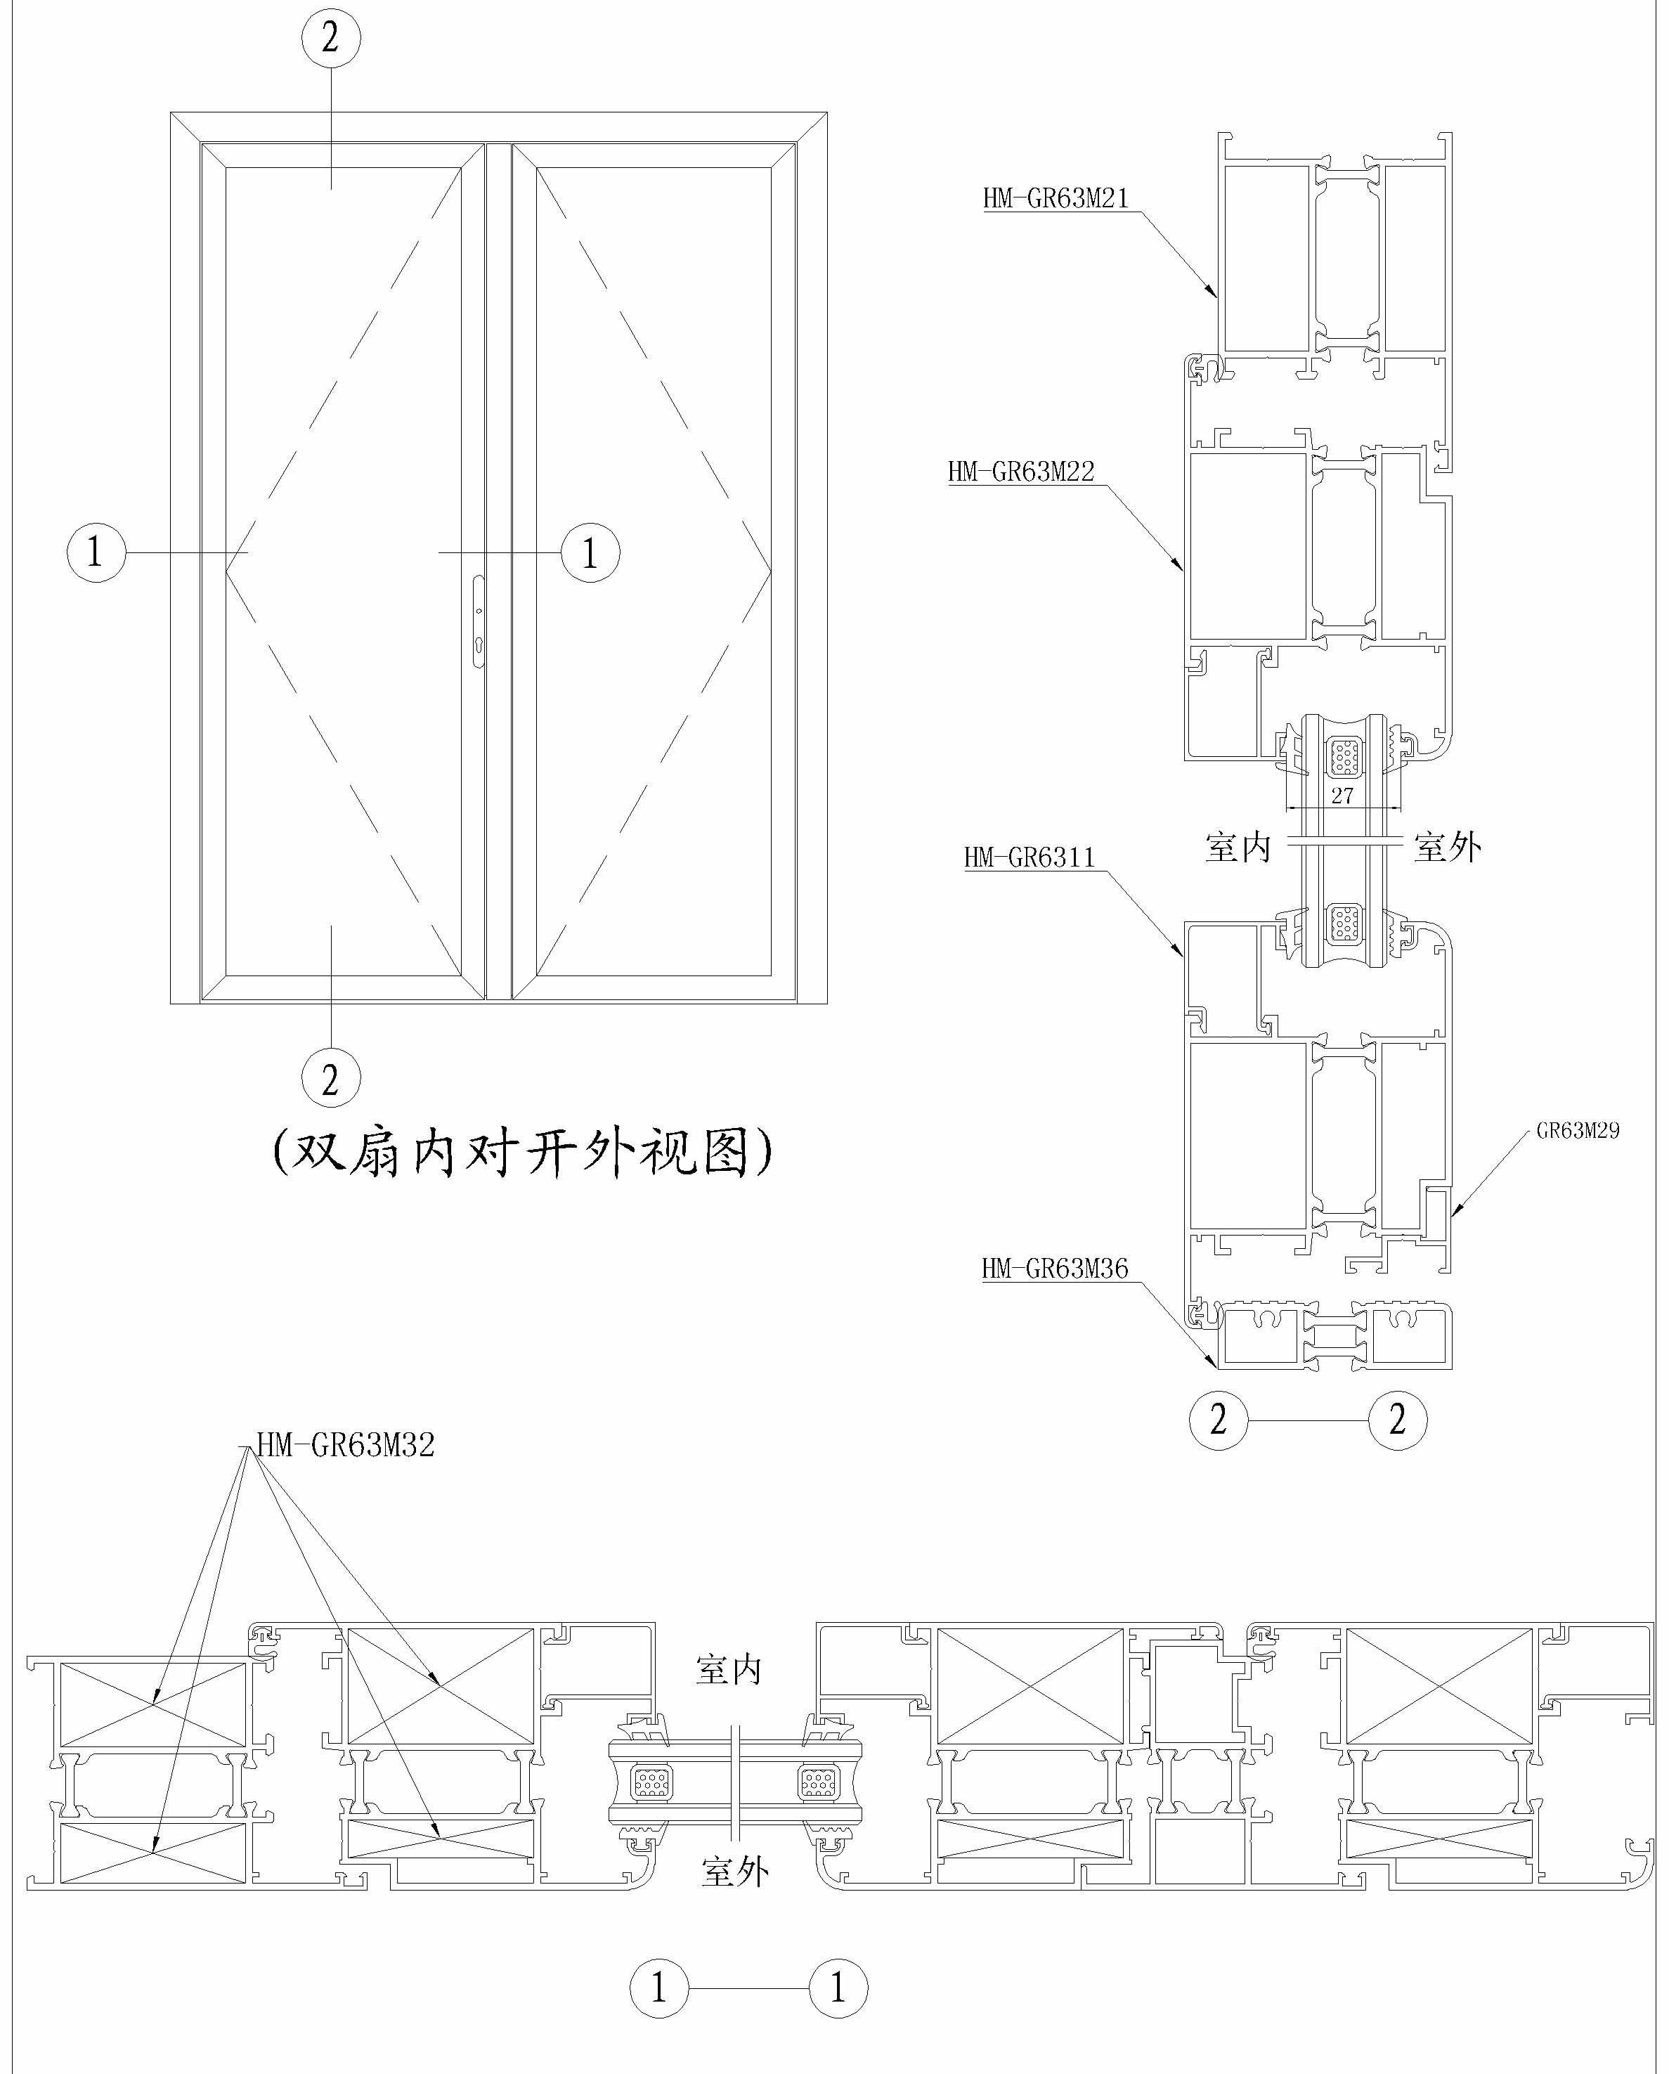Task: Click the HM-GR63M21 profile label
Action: click(1056, 198)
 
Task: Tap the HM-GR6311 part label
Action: click(1030, 857)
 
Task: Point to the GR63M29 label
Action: click(1578, 1130)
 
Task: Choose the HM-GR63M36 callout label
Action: click(1054, 1269)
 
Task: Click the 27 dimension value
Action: click(1342, 796)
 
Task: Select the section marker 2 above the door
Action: click(331, 37)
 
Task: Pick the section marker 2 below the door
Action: click(331, 1078)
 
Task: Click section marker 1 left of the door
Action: click(96, 552)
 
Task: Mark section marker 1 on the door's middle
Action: click(590, 552)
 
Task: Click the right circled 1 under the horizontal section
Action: click(838, 1988)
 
